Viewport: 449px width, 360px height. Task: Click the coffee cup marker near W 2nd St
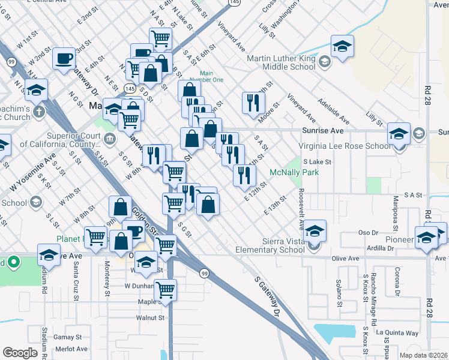(x=64, y=59)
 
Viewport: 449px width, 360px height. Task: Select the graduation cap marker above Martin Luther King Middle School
(x=342, y=46)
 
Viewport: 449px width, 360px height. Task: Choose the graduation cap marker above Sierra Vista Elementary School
(x=315, y=230)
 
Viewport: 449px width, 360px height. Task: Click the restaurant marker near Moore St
(x=253, y=103)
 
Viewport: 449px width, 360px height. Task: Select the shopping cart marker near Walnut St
(x=165, y=290)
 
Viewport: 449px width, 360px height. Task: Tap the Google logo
(x=20, y=352)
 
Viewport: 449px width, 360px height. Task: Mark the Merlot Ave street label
(x=71, y=349)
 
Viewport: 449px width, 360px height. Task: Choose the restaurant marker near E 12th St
(x=244, y=175)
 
